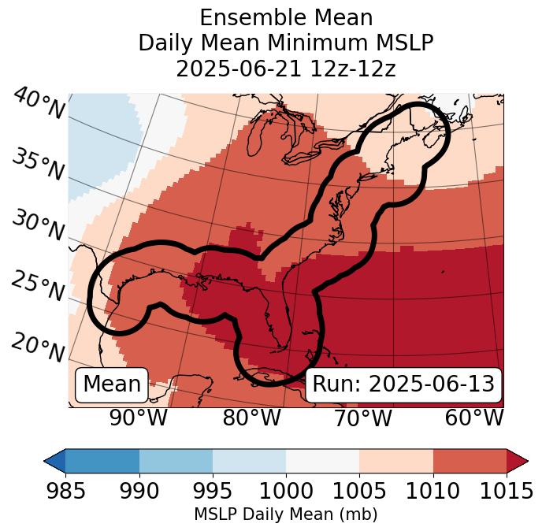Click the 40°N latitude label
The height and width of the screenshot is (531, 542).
tap(39, 104)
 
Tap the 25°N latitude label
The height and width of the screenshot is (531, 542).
tap(38, 286)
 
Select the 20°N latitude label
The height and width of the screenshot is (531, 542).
tap(38, 347)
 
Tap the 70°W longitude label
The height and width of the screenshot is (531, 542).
tap(362, 418)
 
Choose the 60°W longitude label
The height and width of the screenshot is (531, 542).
tap(473, 418)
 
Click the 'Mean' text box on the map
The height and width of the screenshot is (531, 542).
tap(112, 384)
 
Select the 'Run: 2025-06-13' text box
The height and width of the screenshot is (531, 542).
tap(403, 384)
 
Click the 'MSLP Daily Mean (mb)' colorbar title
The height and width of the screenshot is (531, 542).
tap(286, 515)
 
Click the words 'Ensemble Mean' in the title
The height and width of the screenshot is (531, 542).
tap(286, 17)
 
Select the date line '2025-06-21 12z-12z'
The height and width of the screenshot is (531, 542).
tap(286, 69)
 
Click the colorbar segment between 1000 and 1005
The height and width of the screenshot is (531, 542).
tap(322, 460)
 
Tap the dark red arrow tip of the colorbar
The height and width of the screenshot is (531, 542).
tap(518, 460)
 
